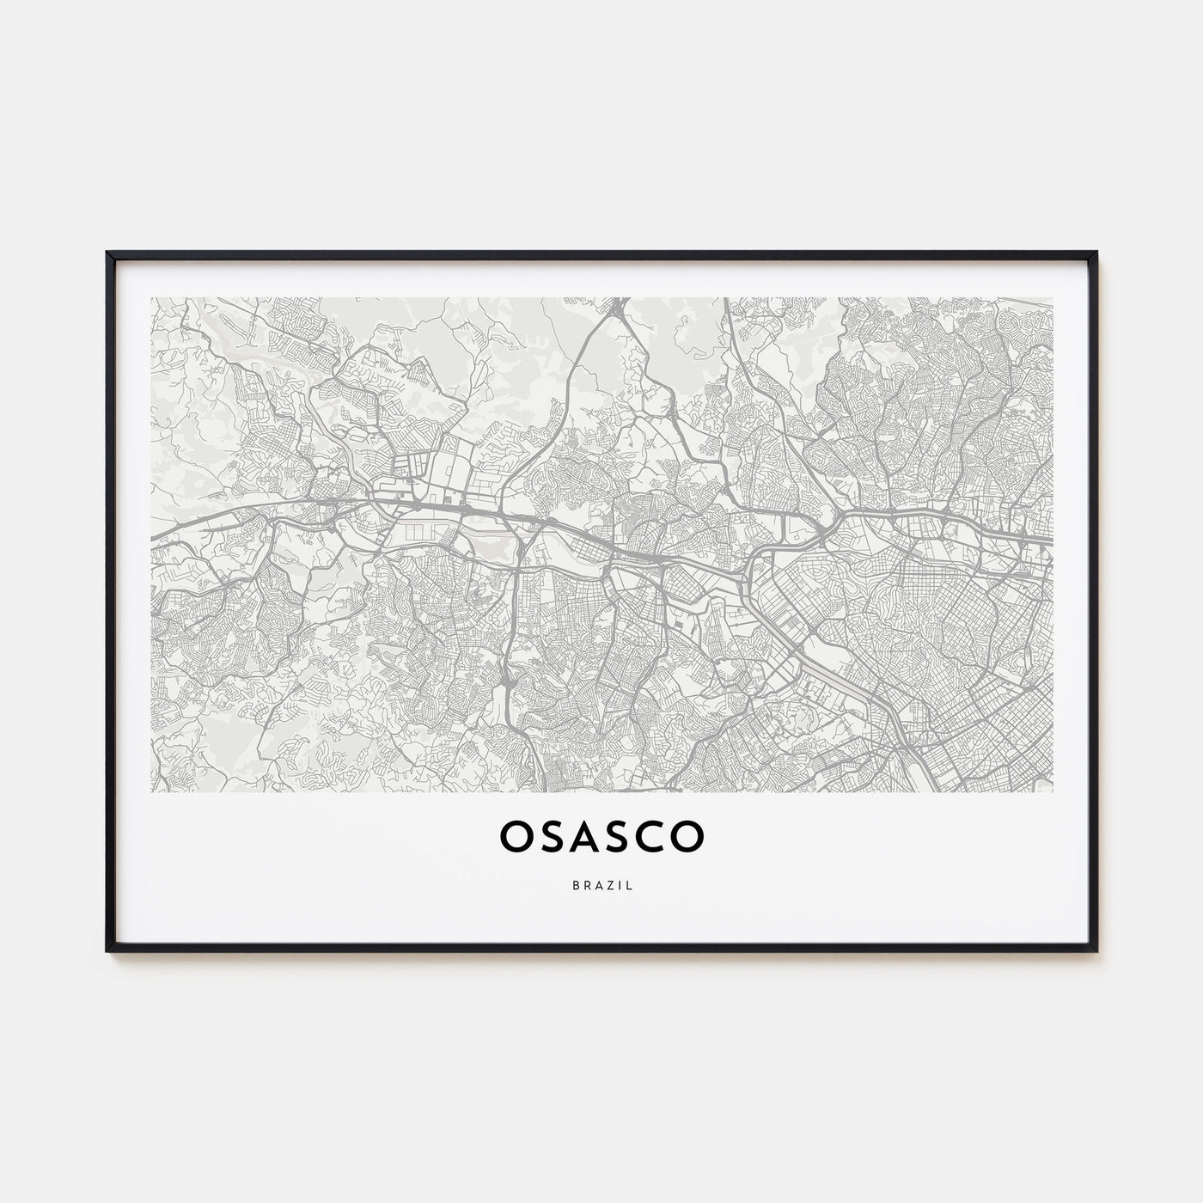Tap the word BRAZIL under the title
point(601,886)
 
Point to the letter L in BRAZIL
point(630,886)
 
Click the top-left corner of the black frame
point(107,253)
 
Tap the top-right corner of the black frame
point(1097,253)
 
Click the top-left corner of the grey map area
point(151,298)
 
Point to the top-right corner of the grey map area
point(1053,298)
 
